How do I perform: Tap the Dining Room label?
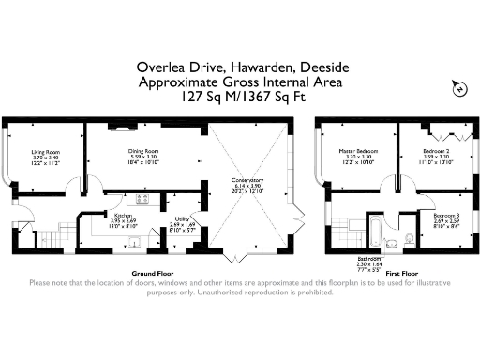[x=143, y=150]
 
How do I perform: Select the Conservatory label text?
[x=247, y=180]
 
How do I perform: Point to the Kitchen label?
[x=124, y=215]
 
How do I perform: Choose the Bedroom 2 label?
[x=437, y=151]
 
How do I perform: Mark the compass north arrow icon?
[x=459, y=86]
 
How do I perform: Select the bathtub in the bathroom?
[x=372, y=228]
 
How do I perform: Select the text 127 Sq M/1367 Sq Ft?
[x=239, y=96]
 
